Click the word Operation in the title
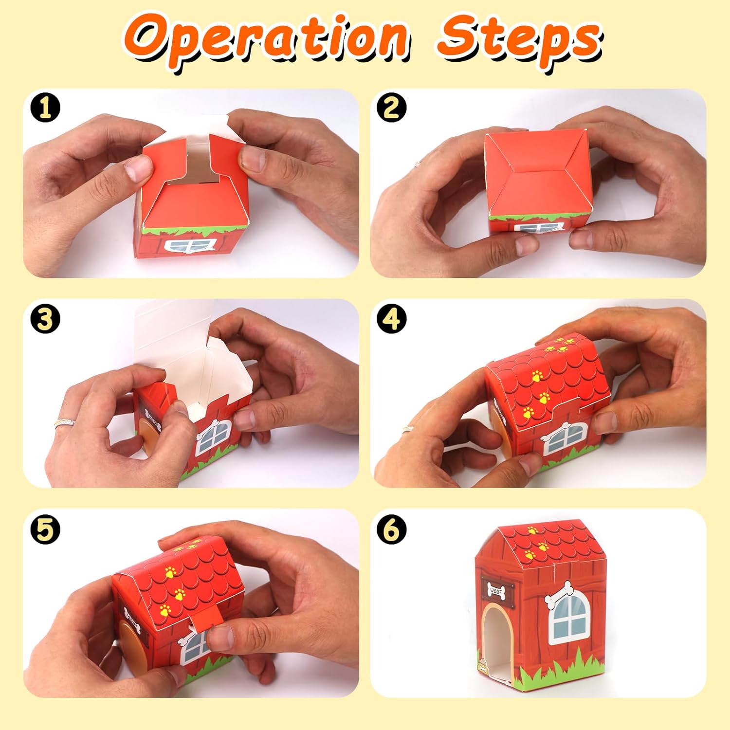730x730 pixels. point(265,41)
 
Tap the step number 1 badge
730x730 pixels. point(45,108)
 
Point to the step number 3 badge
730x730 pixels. point(45,320)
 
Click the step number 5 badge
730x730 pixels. point(45,529)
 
